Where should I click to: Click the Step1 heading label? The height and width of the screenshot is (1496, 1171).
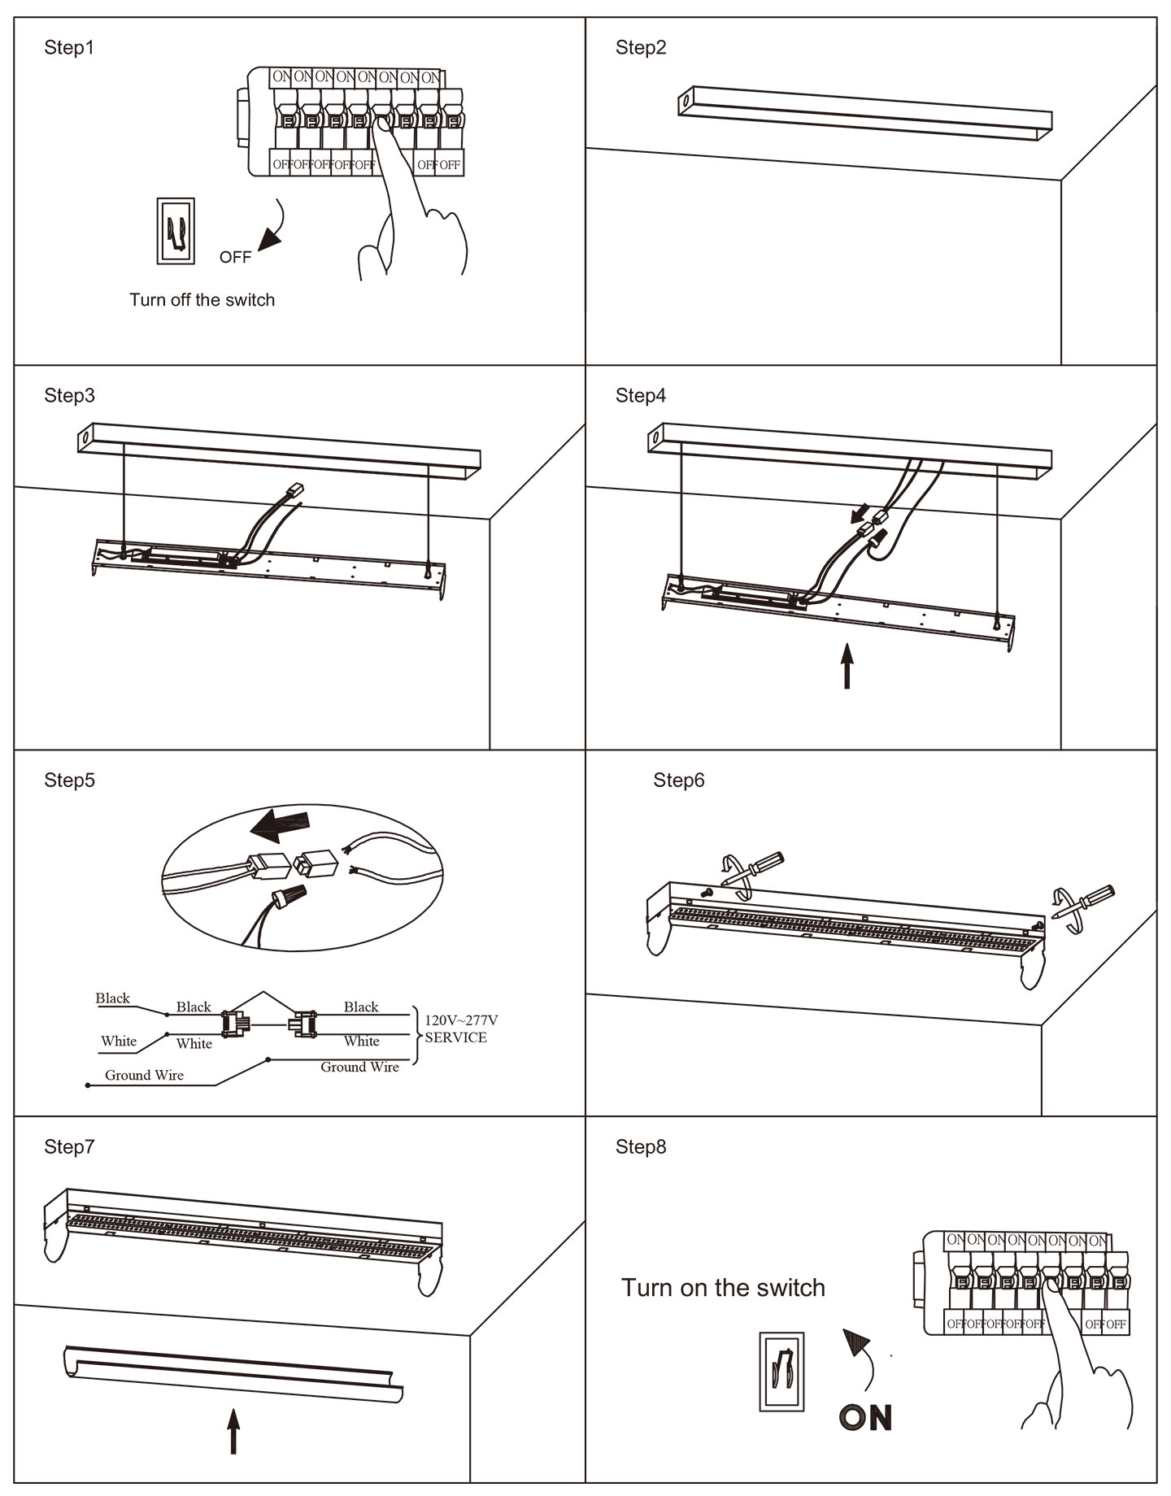click(69, 48)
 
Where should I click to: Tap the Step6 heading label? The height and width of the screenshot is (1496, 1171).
click(679, 781)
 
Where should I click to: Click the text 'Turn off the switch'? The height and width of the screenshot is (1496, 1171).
click(202, 300)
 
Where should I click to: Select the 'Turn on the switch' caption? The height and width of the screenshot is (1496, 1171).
click(723, 1288)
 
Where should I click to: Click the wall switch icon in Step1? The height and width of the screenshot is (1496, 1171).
click(176, 231)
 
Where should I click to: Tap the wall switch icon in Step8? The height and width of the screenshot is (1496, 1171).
click(781, 1372)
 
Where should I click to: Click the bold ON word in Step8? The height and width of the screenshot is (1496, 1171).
click(865, 1418)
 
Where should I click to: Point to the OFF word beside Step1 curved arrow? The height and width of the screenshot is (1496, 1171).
click(235, 257)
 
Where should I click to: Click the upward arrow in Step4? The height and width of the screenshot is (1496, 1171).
click(847, 666)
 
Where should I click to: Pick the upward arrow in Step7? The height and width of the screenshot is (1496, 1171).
click(233, 1431)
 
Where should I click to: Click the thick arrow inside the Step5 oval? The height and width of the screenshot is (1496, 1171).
click(279, 826)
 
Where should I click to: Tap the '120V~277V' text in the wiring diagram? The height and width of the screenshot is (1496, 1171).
click(461, 1020)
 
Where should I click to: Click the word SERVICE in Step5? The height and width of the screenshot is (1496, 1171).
click(455, 1037)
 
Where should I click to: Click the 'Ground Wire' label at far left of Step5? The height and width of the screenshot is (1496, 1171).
click(144, 1075)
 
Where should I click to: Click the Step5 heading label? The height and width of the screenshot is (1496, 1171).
click(69, 781)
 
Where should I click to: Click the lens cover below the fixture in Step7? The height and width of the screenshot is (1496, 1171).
click(232, 1376)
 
